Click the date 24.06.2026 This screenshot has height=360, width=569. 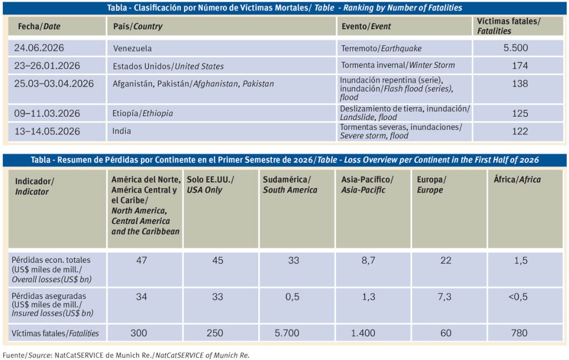click(x=39, y=48)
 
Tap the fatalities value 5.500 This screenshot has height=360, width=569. click(x=516, y=48)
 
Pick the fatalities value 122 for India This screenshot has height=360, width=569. click(x=520, y=131)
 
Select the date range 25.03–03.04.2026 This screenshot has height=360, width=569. click(x=54, y=83)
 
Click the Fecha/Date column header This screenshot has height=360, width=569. click(x=39, y=26)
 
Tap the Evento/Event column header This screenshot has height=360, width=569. click(x=366, y=26)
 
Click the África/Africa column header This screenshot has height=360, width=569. click(x=517, y=179)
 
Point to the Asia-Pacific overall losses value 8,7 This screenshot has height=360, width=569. click(x=368, y=261)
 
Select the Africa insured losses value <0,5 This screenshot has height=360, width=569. click(x=518, y=297)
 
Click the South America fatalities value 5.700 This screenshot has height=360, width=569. click(x=287, y=333)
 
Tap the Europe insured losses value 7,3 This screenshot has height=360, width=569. click(x=444, y=297)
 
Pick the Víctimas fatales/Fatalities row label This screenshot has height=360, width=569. click(x=55, y=333)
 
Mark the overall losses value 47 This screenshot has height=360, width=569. click(x=142, y=261)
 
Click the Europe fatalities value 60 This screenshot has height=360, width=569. click(x=446, y=333)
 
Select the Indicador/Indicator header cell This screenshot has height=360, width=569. click(x=34, y=186)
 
